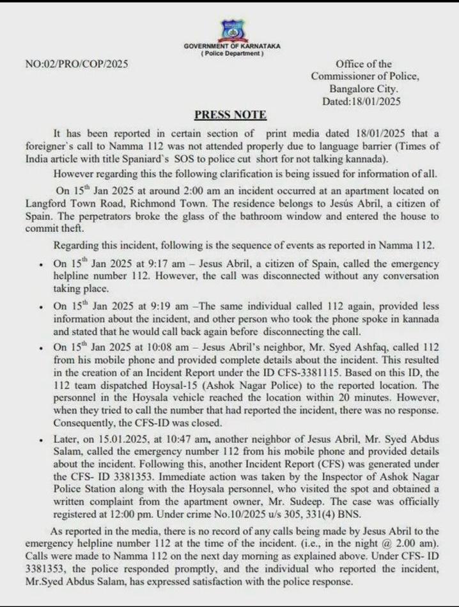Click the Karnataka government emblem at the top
coord(231,30)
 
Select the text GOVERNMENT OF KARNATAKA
coord(231,47)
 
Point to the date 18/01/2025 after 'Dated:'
coord(378,101)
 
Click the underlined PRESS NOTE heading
coord(230,115)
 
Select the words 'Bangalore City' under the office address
coord(364,89)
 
